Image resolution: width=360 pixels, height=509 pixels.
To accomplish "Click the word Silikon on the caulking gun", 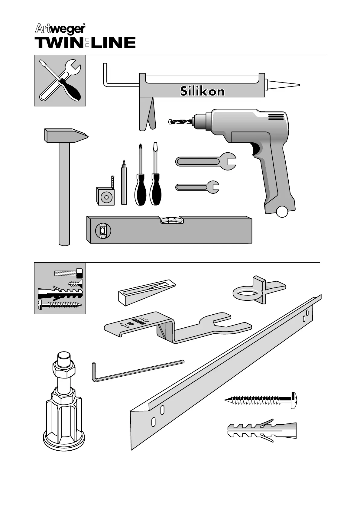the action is (202, 91).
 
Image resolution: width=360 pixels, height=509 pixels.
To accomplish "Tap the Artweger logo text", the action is (60, 29).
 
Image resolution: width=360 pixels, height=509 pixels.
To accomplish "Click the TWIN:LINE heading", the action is (85, 43).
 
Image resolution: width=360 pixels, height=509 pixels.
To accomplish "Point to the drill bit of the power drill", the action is (180, 122).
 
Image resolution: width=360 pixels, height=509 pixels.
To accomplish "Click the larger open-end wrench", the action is (206, 161).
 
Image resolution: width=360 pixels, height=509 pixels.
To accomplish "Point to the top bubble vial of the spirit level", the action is (172, 220).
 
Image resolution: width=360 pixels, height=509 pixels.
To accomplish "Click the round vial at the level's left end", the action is (102, 231).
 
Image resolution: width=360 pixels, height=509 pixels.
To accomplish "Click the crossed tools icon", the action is (60, 80).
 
